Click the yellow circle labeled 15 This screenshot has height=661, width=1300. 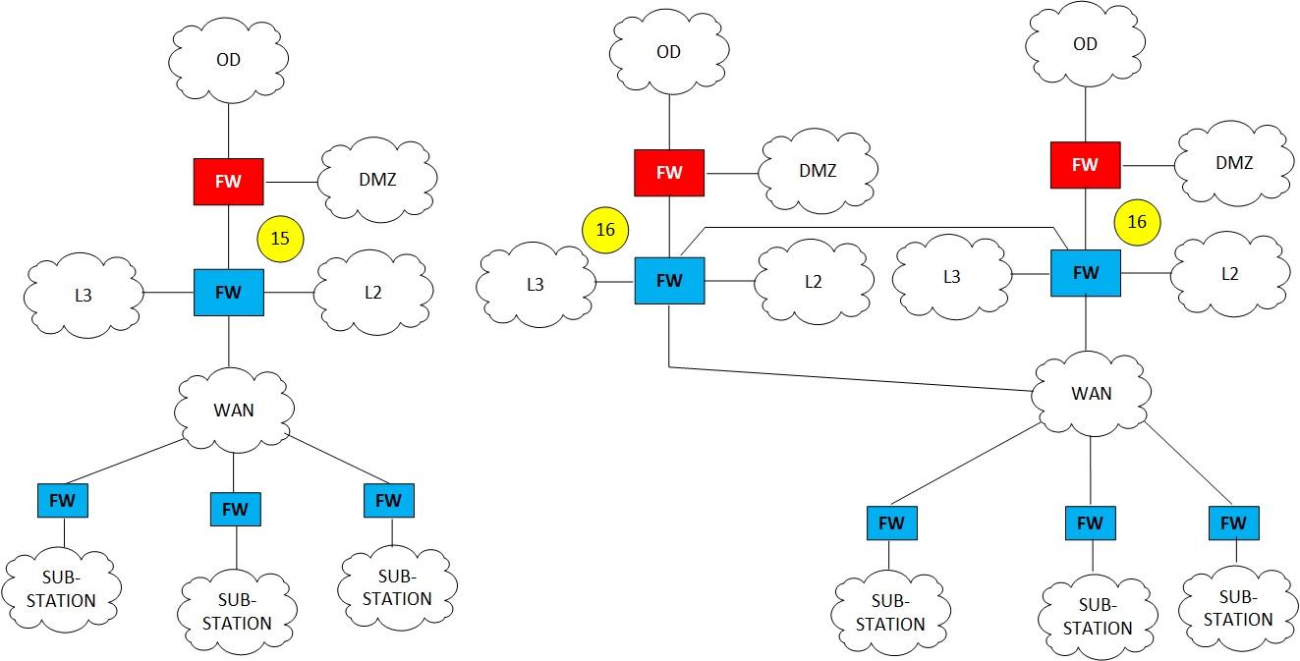(x=280, y=238)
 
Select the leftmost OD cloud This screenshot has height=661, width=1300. (x=228, y=60)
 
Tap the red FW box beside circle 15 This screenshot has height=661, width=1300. (x=228, y=182)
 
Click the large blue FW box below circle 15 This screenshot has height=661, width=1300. (x=228, y=292)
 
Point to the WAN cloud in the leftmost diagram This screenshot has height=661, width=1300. (x=234, y=410)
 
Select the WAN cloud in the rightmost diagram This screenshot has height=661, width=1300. (x=1092, y=393)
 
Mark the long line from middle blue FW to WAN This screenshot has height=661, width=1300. (x=845, y=379)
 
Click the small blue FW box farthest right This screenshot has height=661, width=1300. (x=1233, y=523)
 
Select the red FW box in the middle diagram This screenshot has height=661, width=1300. (x=669, y=173)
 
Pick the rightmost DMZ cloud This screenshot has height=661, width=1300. (x=1234, y=163)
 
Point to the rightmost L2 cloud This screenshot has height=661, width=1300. (x=1229, y=274)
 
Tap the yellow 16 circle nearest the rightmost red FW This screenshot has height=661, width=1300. (x=1137, y=222)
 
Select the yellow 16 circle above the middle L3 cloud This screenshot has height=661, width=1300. (x=605, y=230)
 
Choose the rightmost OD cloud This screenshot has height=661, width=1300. (x=1085, y=44)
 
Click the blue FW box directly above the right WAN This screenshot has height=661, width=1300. (x=1086, y=273)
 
